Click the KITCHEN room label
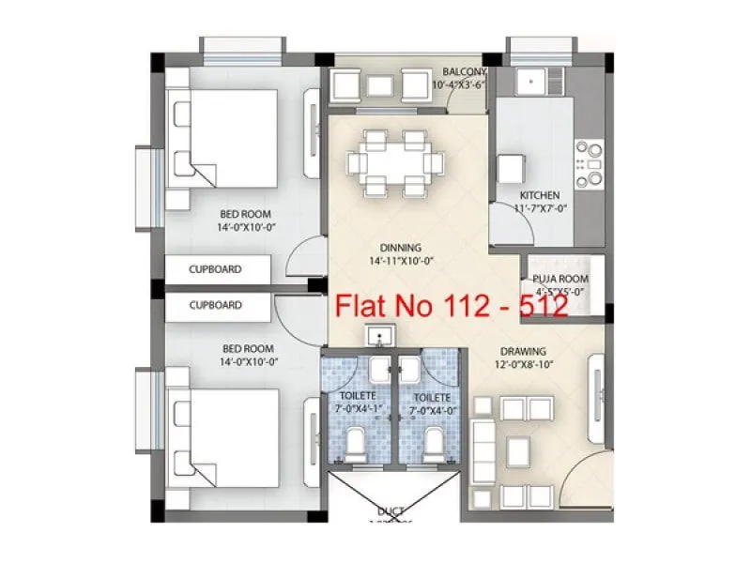coord(540,195)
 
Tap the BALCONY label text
coord(465,72)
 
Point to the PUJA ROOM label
coord(559,279)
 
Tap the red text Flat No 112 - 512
coord(452,307)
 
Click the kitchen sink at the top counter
coord(536,81)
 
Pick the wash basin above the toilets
coord(380,336)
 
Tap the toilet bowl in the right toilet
coord(434,439)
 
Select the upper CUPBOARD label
coord(215,269)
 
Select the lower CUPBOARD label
coord(215,305)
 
